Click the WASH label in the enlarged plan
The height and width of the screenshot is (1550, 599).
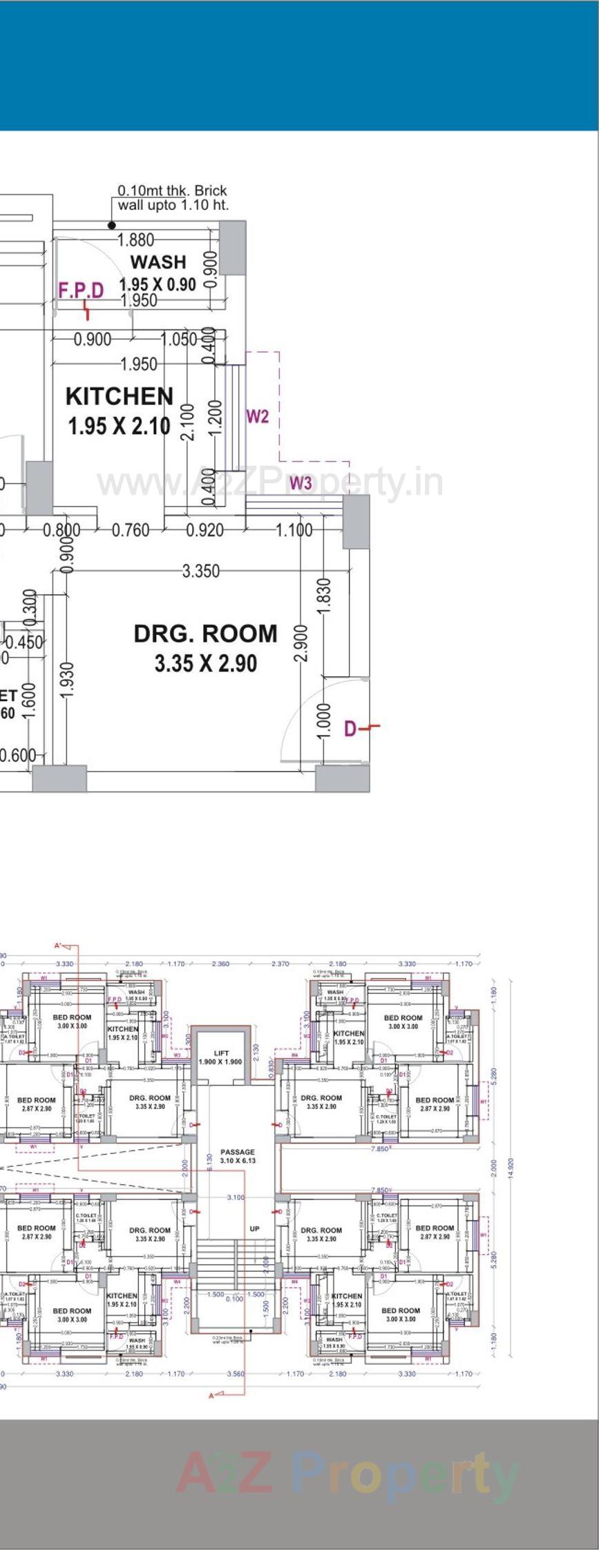158,262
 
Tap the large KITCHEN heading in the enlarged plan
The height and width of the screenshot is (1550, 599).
120,396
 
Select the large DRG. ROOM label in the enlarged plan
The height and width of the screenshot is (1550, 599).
205,634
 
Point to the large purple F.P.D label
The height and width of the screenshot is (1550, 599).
81,290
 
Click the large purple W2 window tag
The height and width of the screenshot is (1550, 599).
257,416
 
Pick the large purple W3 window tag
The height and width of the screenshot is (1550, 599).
301,482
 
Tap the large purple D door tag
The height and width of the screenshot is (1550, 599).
351,729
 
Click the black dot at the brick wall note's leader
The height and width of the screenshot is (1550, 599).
112,225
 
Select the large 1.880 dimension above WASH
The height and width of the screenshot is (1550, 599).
135,240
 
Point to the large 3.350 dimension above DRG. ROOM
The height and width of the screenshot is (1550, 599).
201,571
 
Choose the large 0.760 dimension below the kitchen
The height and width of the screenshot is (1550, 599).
131,530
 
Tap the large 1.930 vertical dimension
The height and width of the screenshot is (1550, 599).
67,679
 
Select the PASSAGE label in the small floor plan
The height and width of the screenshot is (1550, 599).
238,1152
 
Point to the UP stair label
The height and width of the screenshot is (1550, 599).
254,1229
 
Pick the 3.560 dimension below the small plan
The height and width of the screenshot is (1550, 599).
236,1374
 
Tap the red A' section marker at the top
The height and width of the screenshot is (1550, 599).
59,945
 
